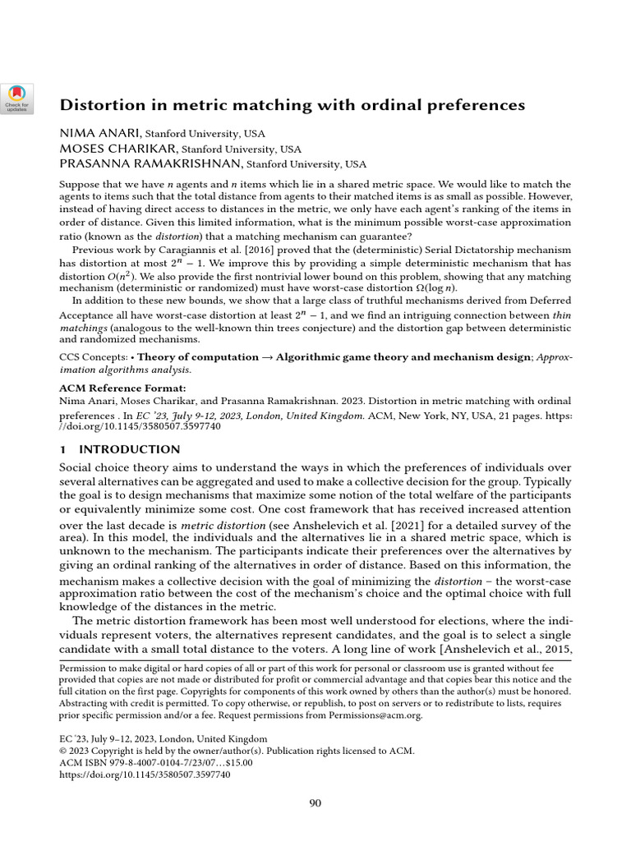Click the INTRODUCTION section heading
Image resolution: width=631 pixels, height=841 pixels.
tap(129, 449)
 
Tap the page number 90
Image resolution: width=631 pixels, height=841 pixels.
tap(315, 802)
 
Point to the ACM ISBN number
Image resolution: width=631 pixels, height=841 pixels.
tap(156, 762)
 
